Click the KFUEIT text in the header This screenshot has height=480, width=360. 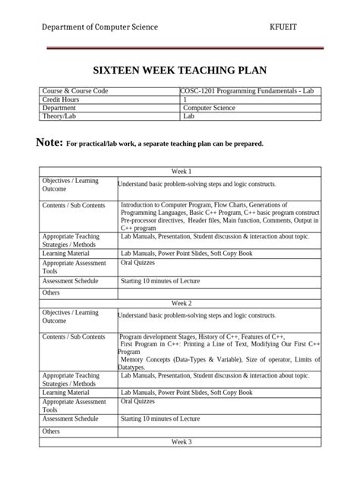pyautogui.click(x=286, y=27)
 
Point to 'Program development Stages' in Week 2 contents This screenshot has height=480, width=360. pyautogui.click(x=161, y=336)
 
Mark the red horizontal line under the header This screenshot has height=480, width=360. pyautogui.click(x=181, y=48)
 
